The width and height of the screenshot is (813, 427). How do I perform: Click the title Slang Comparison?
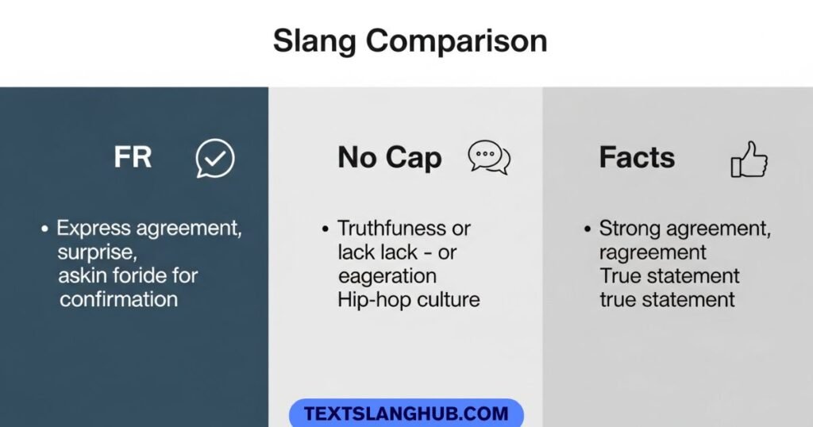point(410,40)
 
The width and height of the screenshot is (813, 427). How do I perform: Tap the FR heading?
point(133,157)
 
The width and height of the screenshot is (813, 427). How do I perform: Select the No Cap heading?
point(389,157)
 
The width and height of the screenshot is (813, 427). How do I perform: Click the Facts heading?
point(637,157)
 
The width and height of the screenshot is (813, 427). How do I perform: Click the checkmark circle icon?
point(215,158)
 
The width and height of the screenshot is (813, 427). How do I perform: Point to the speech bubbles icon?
point(488,157)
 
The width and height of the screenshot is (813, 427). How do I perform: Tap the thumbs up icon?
point(749,159)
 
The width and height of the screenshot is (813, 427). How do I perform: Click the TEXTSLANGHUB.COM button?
point(406,414)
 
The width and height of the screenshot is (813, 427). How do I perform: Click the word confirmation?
point(118,299)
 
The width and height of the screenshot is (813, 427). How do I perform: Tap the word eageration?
point(387,276)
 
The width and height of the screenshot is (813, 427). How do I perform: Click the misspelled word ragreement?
point(653,253)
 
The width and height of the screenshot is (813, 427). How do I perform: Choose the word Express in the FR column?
point(92,229)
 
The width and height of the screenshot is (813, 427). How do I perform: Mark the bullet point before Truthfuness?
point(325,229)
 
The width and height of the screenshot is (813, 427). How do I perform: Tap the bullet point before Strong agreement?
point(587,229)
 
